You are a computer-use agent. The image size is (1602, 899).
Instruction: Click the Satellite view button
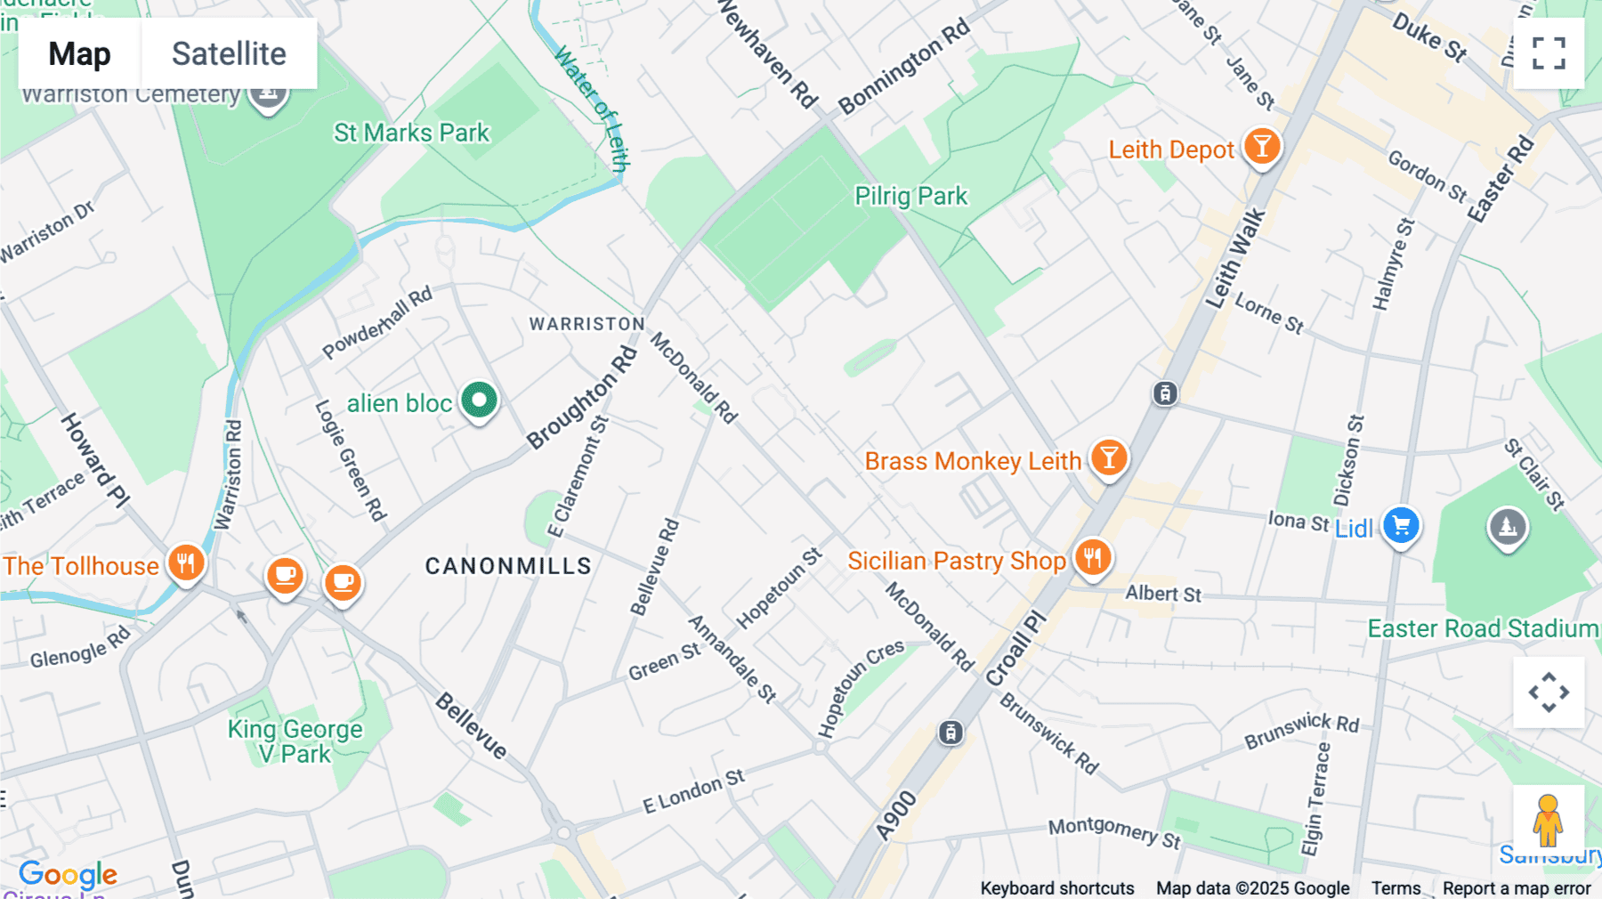229,53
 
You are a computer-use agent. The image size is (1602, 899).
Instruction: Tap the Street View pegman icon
1548,820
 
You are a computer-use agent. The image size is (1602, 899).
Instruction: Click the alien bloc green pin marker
479,401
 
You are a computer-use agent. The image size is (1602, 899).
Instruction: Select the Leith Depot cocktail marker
1261,146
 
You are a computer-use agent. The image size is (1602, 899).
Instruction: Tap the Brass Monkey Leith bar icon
1109,458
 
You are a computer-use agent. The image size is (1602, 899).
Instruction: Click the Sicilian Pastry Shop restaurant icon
1093,558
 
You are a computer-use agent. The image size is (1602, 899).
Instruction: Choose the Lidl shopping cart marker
1401,526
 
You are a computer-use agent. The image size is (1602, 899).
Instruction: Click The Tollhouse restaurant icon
186,563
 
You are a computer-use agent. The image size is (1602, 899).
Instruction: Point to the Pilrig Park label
910,196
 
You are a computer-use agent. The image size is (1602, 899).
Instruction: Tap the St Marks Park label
411,133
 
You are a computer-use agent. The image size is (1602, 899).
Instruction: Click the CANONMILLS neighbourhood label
508,566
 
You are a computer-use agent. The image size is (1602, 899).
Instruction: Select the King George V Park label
295,741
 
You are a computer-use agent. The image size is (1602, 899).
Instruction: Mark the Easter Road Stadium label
1483,628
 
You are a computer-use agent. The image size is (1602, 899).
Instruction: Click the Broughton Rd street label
582,398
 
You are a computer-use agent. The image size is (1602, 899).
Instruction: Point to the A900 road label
895,815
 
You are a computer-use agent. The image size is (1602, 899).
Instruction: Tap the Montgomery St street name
1113,831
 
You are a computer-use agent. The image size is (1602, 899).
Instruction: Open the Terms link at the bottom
1396,888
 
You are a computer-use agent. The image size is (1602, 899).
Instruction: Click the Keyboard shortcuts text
1056,888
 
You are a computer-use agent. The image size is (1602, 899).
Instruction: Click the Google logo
68,874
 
